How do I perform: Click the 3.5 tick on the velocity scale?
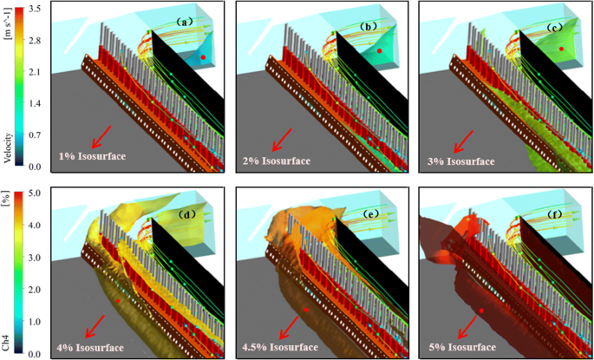pos(34,8)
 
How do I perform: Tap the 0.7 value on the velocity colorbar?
pos(34,135)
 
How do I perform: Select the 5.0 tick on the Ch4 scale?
pos(34,194)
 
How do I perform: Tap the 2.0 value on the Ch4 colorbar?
pos(34,291)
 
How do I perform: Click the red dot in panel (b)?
pos(379,52)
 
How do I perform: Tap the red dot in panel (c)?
pos(562,49)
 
